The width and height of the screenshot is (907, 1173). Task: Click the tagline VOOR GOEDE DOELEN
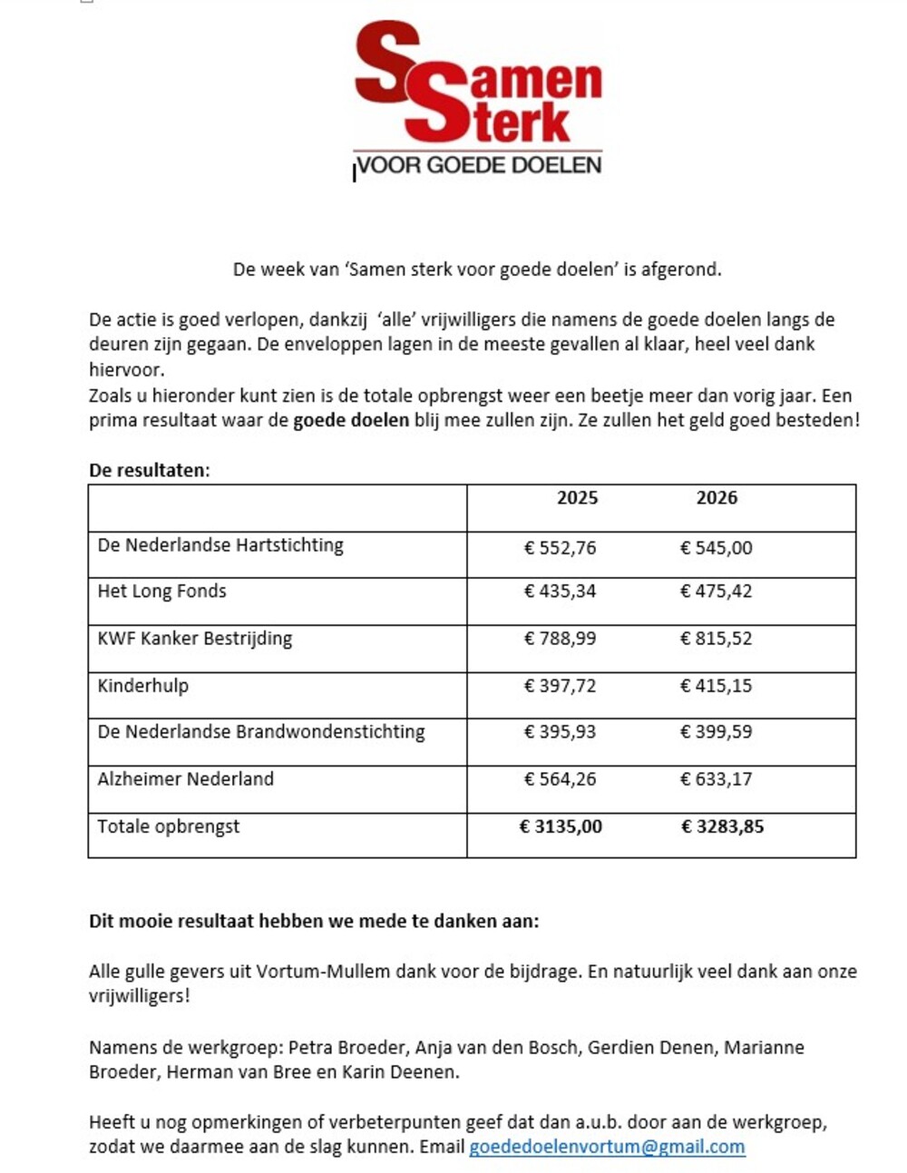coord(479,165)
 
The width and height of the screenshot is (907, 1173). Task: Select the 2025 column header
coord(577,497)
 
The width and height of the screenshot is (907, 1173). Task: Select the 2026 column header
coord(717,497)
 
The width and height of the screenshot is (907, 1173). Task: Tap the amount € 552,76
coord(560,548)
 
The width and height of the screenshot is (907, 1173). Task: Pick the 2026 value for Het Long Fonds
coord(716,591)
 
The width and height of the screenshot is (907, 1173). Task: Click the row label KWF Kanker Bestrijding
coord(195,639)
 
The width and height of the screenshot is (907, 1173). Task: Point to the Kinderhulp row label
coord(143,686)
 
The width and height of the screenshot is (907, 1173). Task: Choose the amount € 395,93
coord(560,732)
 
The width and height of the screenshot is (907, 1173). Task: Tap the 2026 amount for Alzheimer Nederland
coord(716,779)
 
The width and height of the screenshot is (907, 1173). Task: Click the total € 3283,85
coord(722,826)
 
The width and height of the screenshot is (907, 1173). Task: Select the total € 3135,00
coord(561,826)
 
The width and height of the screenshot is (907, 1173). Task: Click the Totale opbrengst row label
coord(169,826)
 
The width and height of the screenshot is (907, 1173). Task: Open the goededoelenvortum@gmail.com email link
coord(607,1147)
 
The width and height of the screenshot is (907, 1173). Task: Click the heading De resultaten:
coord(149,470)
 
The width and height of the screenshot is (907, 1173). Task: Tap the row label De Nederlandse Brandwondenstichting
coord(261,732)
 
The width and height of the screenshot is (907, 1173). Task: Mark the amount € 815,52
coord(716,639)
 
